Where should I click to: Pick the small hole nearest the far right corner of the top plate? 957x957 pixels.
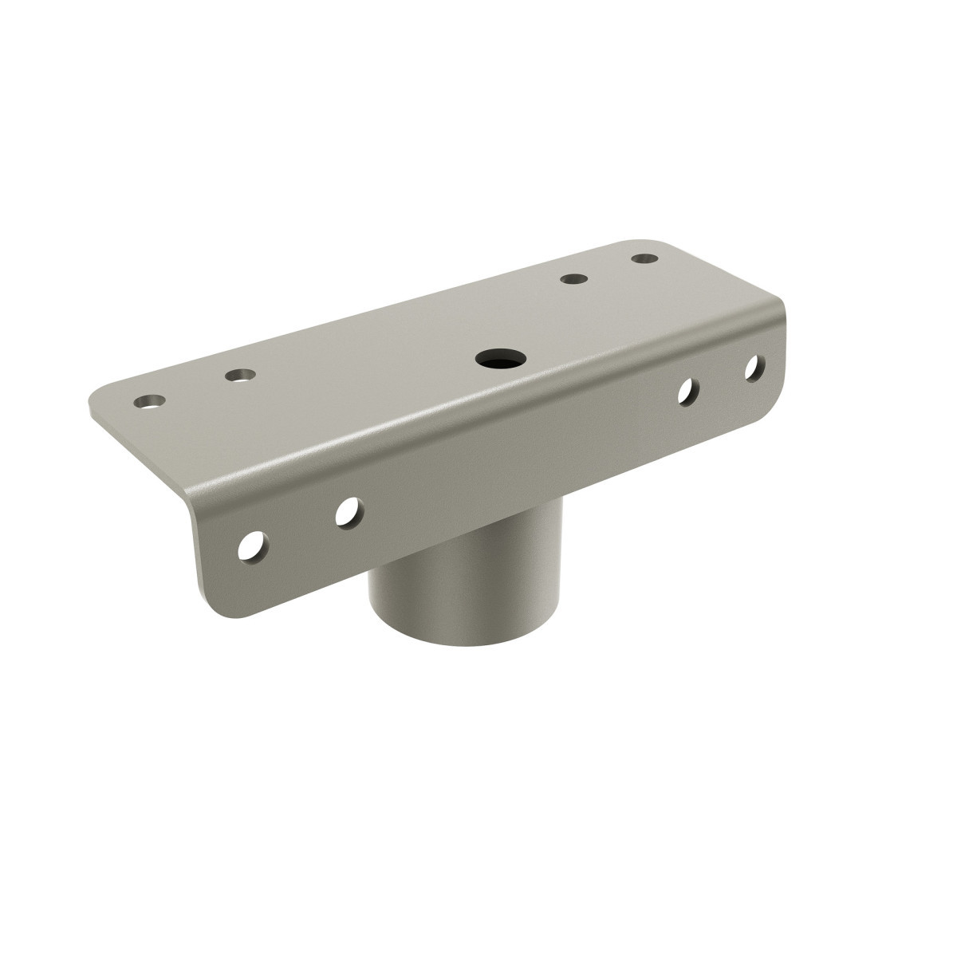click(644, 258)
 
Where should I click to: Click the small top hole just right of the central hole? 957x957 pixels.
click(572, 279)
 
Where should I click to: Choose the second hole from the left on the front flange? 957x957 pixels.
click(347, 512)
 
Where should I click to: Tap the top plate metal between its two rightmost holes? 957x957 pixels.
click(608, 269)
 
